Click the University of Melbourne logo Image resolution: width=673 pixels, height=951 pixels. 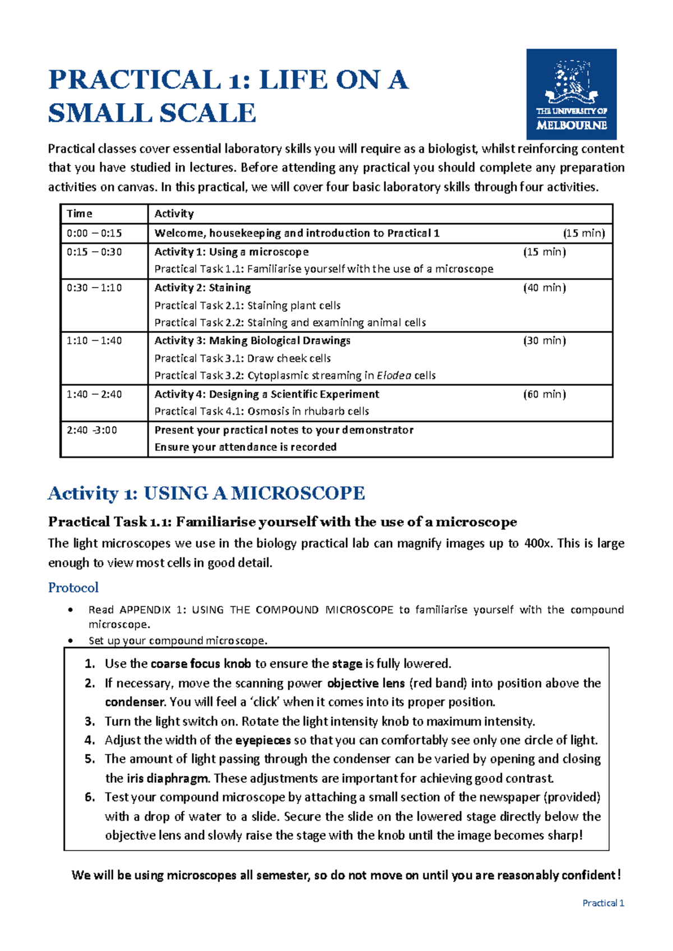pos(571,94)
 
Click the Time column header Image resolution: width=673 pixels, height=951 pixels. pos(79,214)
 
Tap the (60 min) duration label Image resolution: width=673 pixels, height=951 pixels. pos(544,394)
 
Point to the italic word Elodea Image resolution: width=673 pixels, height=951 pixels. pos(394,376)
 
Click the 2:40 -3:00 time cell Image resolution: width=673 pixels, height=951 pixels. pos(91,430)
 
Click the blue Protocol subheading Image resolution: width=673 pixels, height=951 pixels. pos(73,588)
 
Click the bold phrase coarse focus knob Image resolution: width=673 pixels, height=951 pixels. pos(200,664)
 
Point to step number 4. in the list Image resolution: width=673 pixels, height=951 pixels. pos(90,740)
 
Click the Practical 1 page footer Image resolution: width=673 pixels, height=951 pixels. pos(603,903)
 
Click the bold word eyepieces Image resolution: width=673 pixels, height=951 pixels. pos(262,740)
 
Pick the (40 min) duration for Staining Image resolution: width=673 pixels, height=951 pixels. pos(544,288)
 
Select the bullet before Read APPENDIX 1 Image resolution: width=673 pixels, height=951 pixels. pos(70,610)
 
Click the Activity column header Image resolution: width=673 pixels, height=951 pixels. pos(174,214)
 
